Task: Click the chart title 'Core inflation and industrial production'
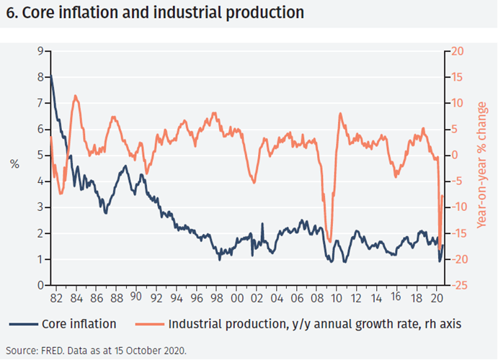154,13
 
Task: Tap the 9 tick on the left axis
40,51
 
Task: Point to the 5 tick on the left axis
40,156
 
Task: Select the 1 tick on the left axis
40,260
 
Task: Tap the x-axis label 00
238,297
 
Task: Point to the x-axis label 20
435,297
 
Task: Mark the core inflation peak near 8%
50,76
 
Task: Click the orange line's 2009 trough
329,242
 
